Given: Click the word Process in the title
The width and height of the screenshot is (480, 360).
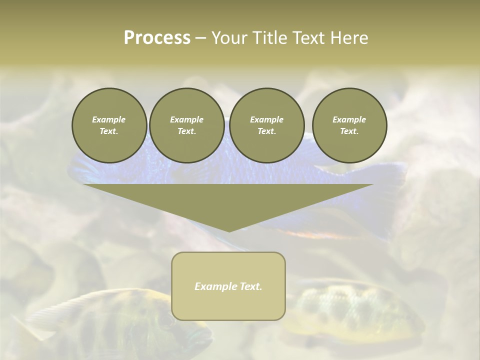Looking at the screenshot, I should tap(157, 38).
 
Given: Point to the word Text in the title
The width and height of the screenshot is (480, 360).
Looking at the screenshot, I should tap(309, 38).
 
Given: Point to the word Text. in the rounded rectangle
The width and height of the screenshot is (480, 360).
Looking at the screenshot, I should tap(251, 286).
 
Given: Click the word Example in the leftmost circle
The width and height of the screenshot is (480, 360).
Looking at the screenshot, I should tap(109, 119).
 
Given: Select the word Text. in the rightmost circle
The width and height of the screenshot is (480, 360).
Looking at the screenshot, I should tap(349, 131).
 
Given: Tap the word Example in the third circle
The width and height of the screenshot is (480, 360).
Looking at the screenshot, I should tap(266, 119).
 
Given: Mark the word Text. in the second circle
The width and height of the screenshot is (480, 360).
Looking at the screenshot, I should tap(186, 131).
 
